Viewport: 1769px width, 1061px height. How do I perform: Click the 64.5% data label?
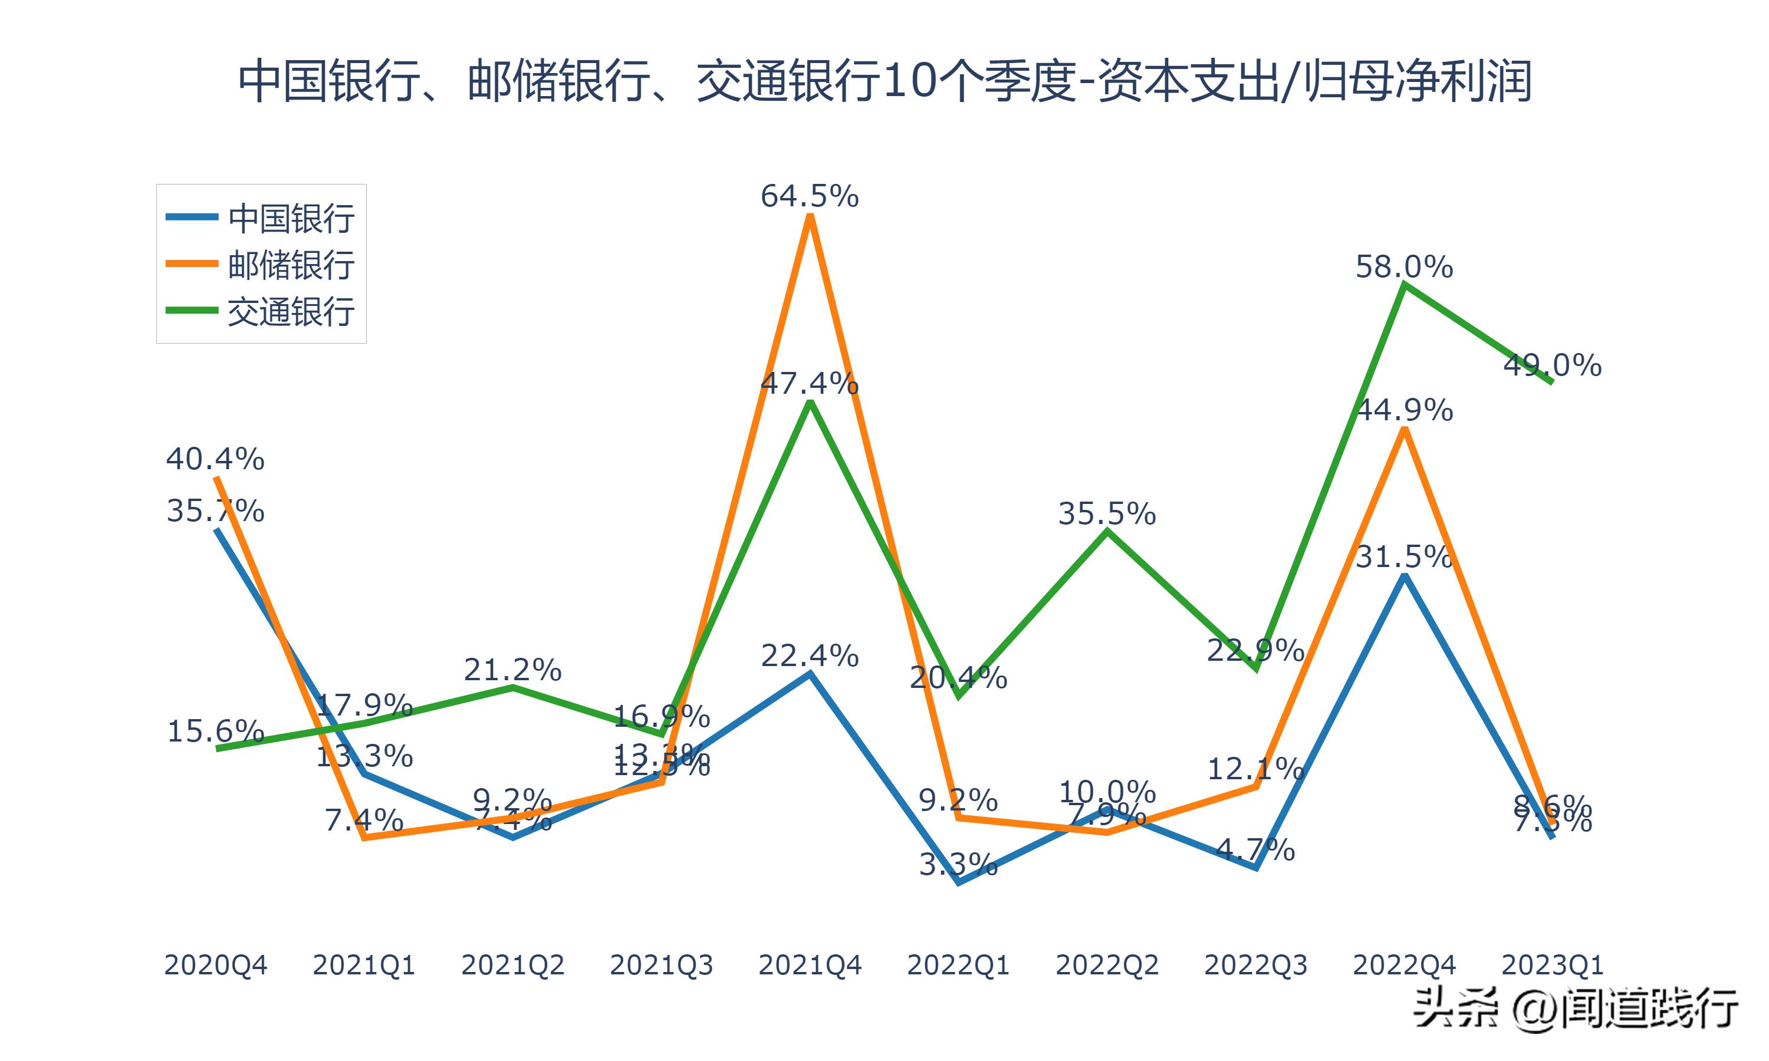pyautogui.click(x=810, y=196)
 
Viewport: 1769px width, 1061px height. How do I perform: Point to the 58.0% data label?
pyautogui.click(x=1405, y=266)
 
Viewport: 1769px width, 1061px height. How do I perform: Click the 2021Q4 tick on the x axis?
pyautogui.click(x=810, y=965)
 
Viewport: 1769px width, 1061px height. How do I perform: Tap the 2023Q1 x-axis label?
pyautogui.click(x=1553, y=965)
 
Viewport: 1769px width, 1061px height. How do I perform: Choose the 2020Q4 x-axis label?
pyautogui.click(x=215, y=965)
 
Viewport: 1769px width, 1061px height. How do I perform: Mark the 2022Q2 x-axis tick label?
pyautogui.click(x=1107, y=965)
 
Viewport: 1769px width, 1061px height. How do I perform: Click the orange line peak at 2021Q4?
pyautogui.click(x=810, y=216)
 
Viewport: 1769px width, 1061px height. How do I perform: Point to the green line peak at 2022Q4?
pyautogui.click(x=1405, y=285)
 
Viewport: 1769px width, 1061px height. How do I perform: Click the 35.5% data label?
pyautogui.click(x=1107, y=513)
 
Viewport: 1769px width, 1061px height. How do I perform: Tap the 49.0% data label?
pyautogui.click(x=1553, y=365)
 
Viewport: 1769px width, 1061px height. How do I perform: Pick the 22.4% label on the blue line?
pyautogui.click(x=810, y=655)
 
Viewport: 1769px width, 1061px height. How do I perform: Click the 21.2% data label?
pyautogui.click(x=512, y=670)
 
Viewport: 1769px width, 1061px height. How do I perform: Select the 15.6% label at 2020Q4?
pyautogui.click(x=215, y=731)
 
